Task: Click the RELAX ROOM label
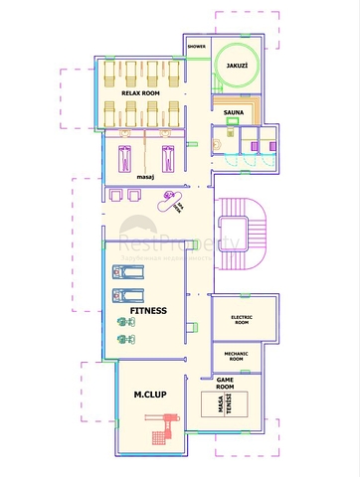pyautogui.click(x=140, y=91)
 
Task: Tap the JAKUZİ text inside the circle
pyautogui.click(x=237, y=66)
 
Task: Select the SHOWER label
pyautogui.click(x=197, y=46)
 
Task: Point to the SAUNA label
pyautogui.click(x=235, y=113)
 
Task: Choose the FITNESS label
pyautogui.click(x=146, y=310)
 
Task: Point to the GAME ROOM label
pyautogui.click(x=231, y=384)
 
